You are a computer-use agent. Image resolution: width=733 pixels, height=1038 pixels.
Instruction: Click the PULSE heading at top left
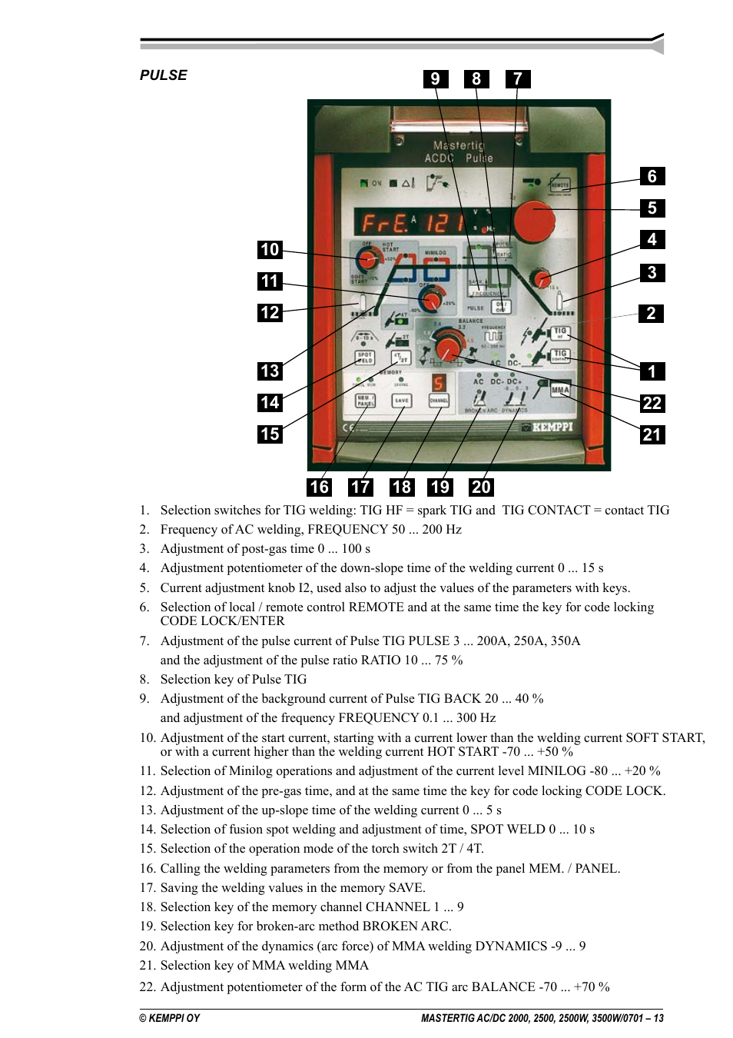pyautogui.click(x=163, y=75)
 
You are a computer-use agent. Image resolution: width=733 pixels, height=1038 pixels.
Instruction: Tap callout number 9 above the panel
pyautogui.click(x=436, y=79)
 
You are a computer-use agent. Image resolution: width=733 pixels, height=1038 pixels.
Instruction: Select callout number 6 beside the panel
pyautogui.click(x=652, y=177)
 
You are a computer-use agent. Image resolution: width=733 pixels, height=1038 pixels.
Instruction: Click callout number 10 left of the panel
pyautogui.click(x=270, y=250)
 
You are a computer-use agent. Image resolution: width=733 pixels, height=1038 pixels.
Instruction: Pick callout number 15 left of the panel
pyautogui.click(x=270, y=434)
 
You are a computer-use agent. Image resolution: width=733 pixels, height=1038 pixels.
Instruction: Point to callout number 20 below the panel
pyautogui.click(x=481, y=487)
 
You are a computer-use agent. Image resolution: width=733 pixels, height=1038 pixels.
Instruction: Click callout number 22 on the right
pyautogui.click(x=652, y=404)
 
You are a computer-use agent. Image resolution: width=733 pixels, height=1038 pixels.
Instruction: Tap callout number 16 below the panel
pyautogui.click(x=319, y=487)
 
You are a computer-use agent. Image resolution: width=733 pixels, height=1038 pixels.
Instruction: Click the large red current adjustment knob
pyautogui.click(x=534, y=221)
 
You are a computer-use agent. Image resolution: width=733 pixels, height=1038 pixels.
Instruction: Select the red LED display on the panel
pyautogui.click(x=411, y=223)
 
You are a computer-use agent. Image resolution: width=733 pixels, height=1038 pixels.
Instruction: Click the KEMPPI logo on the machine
pyautogui.click(x=552, y=427)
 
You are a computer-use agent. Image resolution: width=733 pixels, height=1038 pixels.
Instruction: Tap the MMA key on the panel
pyautogui.click(x=560, y=390)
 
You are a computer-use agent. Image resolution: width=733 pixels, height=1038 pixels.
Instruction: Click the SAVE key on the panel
pyautogui.click(x=402, y=401)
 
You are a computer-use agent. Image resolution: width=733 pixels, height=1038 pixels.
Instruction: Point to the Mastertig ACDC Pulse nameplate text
pyautogui.click(x=459, y=151)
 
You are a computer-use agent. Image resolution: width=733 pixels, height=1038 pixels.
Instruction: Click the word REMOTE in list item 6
pyautogui.click(x=376, y=607)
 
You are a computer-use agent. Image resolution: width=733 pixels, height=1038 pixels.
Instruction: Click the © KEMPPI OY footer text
pyautogui.click(x=169, y=1018)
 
